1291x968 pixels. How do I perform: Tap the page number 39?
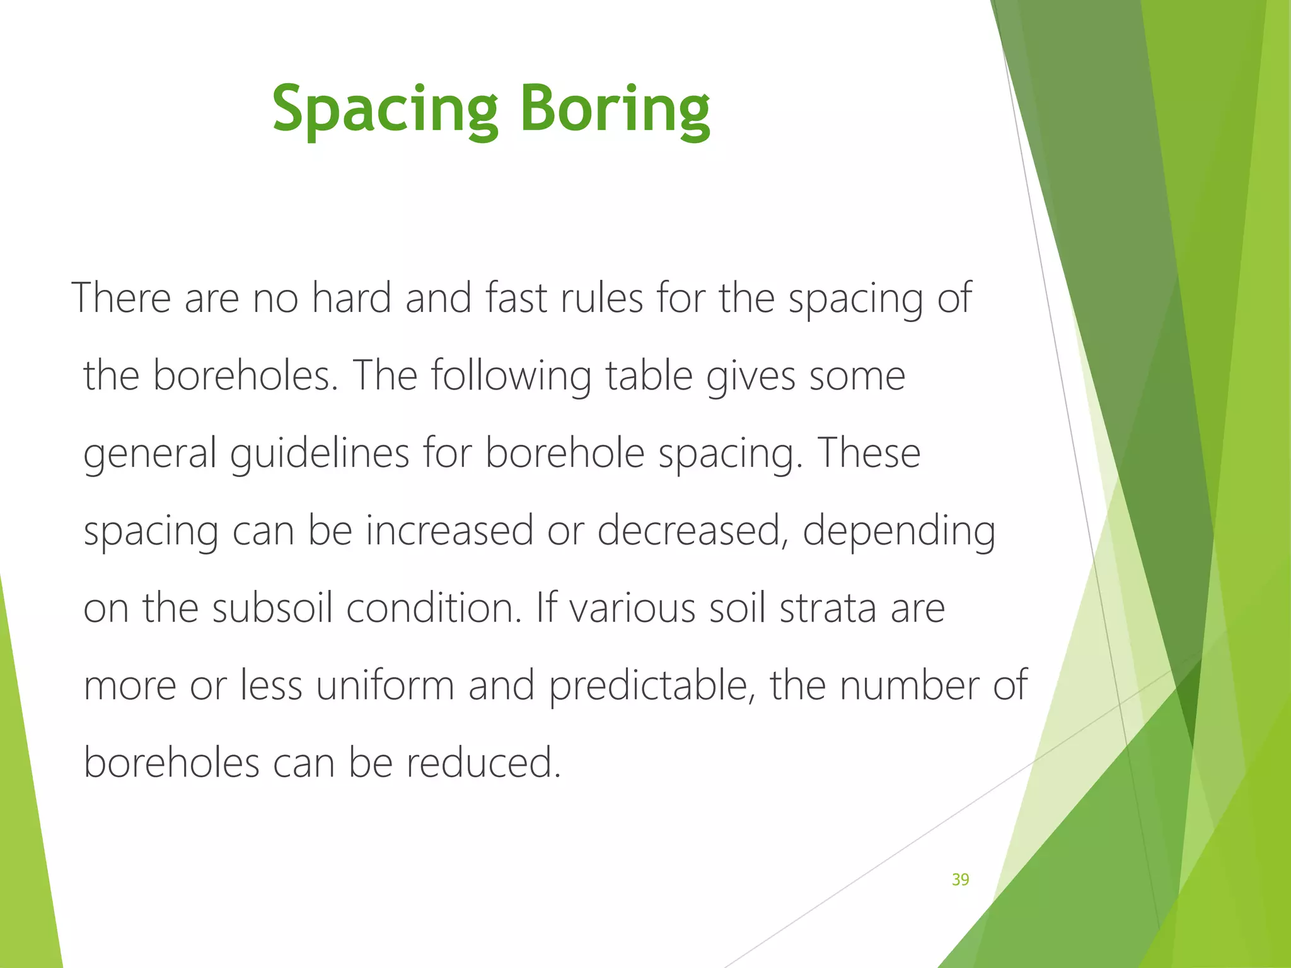click(x=960, y=880)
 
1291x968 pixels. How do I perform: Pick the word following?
click(x=511, y=376)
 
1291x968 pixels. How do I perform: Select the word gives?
click(x=751, y=376)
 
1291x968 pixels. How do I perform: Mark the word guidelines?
click(x=320, y=454)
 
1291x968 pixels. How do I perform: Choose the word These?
click(x=869, y=454)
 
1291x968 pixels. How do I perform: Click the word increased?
click(x=449, y=531)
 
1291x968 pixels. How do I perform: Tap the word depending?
click(x=899, y=531)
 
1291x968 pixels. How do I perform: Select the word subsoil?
click(x=272, y=609)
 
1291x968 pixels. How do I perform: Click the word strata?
click(x=828, y=609)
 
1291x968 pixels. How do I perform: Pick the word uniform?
click(x=385, y=686)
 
